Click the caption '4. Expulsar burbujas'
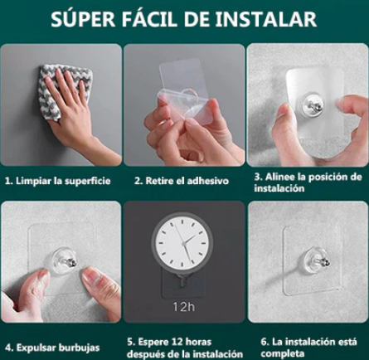tap(51, 346)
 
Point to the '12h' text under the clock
tap(184, 306)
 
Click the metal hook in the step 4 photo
tap(66, 261)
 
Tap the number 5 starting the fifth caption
tap(130, 341)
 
